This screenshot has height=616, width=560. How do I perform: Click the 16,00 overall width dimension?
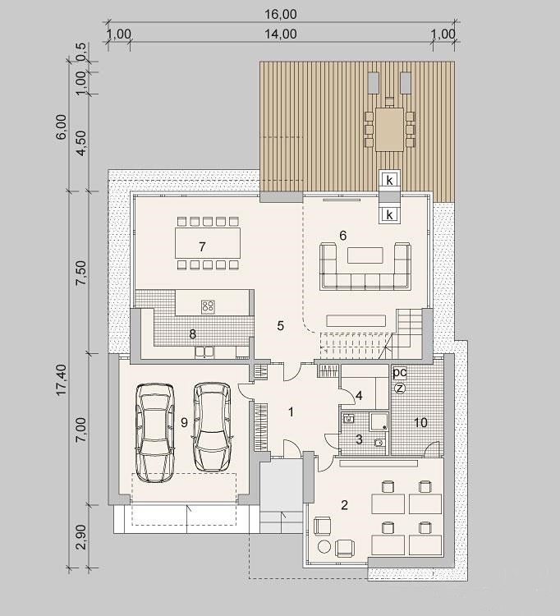point(280,14)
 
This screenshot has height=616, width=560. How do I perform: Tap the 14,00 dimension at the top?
point(280,34)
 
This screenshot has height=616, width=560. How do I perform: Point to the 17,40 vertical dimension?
point(62,379)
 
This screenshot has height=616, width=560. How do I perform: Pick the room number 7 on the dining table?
point(202,246)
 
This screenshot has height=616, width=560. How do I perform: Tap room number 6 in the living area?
point(343,236)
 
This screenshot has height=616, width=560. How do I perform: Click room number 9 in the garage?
point(184,423)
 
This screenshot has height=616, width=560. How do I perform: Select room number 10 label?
point(420,422)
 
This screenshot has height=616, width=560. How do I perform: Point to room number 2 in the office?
point(344,505)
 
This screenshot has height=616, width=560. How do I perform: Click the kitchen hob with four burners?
point(208,307)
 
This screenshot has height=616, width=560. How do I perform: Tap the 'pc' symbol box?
point(399,372)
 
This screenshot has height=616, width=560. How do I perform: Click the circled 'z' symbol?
point(400,388)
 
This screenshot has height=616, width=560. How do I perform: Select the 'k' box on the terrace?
point(389,180)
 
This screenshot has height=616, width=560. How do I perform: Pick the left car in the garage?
point(155,433)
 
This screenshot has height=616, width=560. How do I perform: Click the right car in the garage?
point(212,427)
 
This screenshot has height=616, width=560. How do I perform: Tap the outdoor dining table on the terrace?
point(389,130)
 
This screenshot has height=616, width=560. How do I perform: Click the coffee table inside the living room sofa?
point(365,255)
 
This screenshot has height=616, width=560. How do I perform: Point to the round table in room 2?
point(324,547)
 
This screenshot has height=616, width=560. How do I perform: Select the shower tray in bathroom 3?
point(378,421)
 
